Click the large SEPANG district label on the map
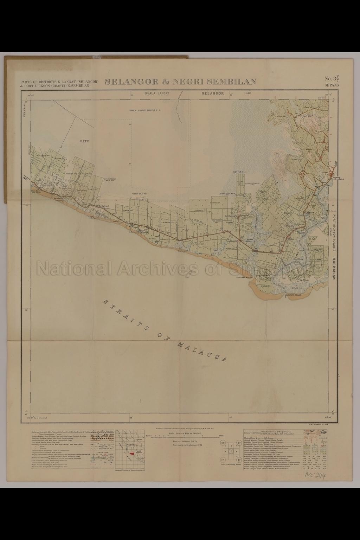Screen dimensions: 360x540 (239, 172)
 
